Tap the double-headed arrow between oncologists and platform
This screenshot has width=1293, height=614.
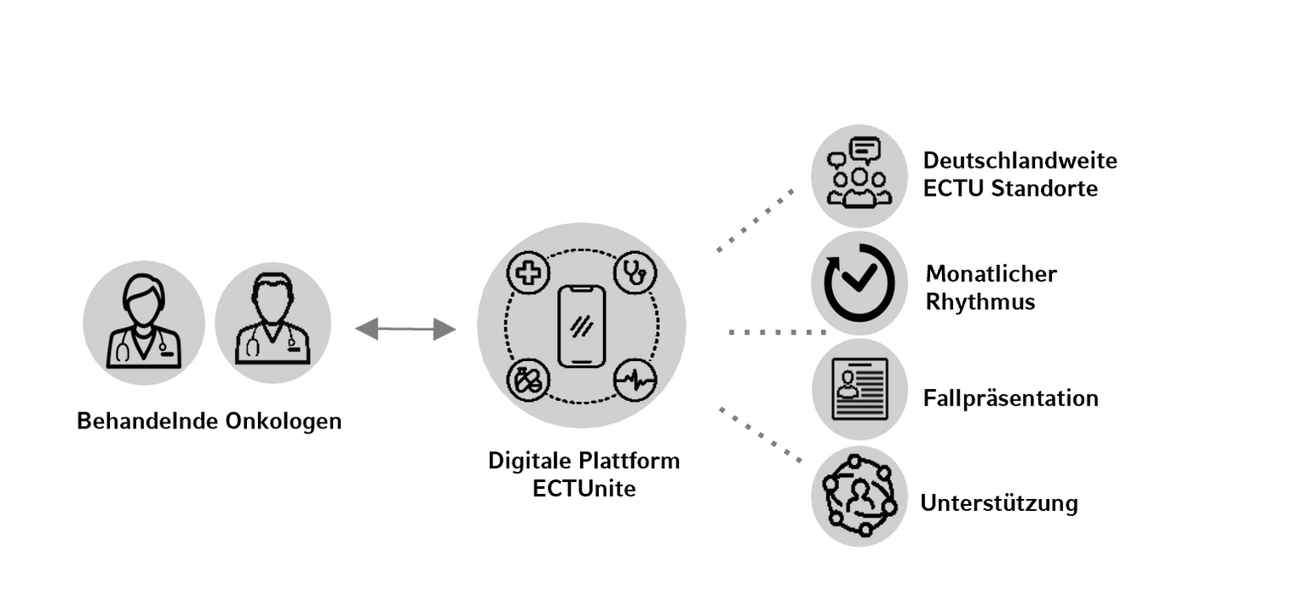405,329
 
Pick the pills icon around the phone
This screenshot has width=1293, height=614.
526,381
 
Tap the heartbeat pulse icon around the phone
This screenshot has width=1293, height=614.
635,381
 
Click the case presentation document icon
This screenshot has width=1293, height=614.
859,388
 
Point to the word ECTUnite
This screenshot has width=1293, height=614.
583,490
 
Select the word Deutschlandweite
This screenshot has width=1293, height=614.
1020,161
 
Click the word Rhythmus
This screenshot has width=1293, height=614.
980,301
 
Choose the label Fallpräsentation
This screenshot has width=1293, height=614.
1011,399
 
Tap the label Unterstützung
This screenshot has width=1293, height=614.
999,503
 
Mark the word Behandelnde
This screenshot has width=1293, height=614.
148,422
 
